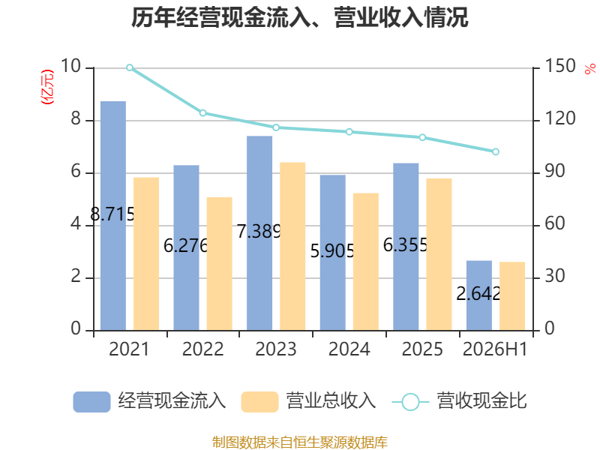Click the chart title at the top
pyautogui.click(x=299, y=17)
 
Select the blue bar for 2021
pyautogui.click(x=113, y=216)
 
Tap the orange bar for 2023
pyautogui.click(x=292, y=247)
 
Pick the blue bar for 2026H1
pyautogui.click(x=479, y=295)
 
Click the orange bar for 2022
pyautogui.click(x=220, y=264)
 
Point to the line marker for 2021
pyautogui.click(x=130, y=67)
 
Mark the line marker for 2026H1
pyautogui.click(x=496, y=152)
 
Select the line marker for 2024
pyautogui.click(x=349, y=132)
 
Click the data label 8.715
pyautogui.click(x=113, y=214)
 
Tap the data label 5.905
pyautogui.click(x=332, y=251)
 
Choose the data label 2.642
pyautogui.click(x=478, y=294)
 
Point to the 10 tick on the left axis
pyautogui.click(x=70, y=66)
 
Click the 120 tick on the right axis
pyautogui.click(x=559, y=118)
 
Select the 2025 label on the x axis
pyautogui.click(x=422, y=349)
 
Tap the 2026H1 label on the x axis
pyautogui.click(x=495, y=349)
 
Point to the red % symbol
pyautogui.click(x=590, y=69)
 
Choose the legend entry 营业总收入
pyautogui.click(x=308, y=401)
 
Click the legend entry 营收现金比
pyautogui.click(x=460, y=401)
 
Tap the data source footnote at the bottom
pyautogui.click(x=299, y=442)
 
